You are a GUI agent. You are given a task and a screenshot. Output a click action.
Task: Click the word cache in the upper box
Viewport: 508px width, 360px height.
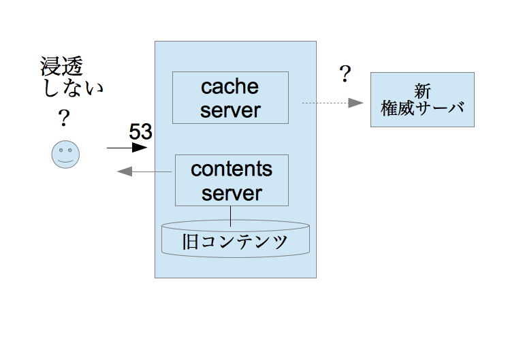pyautogui.click(x=229, y=86)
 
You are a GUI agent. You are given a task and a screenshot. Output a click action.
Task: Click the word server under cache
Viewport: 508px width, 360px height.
pyautogui.click(x=230, y=110)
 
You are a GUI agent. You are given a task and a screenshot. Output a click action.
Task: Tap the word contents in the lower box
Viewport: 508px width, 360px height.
pyautogui.click(x=232, y=169)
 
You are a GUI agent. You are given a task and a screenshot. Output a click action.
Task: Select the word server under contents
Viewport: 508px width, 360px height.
pyautogui.click(x=232, y=193)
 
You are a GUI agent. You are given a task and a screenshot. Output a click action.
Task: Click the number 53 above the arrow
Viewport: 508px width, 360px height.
pyautogui.click(x=140, y=131)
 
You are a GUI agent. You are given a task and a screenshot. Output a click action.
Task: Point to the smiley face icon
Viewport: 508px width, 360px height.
pyautogui.click(x=65, y=154)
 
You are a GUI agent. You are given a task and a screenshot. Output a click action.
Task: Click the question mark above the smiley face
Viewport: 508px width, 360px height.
pyautogui.click(x=64, y=118)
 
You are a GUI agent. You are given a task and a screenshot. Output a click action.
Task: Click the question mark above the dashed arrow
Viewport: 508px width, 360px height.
pyautogui.click(x=345, y=73)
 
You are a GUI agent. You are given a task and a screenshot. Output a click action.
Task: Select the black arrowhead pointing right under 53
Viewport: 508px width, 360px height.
pyautogui.click(x=140, y=148)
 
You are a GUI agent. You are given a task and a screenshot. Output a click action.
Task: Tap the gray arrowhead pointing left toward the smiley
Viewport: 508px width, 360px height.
pyautogui.click(x=125, y=171)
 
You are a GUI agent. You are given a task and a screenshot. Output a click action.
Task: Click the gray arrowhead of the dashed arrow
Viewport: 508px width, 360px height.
pyautogui.click(x=355, y=103)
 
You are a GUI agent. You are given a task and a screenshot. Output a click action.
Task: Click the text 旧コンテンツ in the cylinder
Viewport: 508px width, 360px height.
pyautogui.click(x=235, y=242)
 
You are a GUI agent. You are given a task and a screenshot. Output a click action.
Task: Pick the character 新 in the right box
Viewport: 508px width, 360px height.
pyautogui.click(x=422, y=91)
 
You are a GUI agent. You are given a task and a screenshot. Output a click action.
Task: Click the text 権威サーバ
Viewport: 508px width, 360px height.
pyautogui.click(x=422, y=108)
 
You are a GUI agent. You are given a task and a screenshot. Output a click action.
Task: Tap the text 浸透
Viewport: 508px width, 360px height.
pyautogui.click(x=61, y=66)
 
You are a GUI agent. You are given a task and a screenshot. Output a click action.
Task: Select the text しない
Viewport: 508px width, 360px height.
pyautogui.click(x=74, y=88)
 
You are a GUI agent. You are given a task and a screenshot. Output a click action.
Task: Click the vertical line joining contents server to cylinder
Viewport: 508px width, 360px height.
pyautogui.click(x=231, y=216)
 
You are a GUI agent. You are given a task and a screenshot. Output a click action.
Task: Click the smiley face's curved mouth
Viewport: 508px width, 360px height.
pyautogui.click(x=65, y=161)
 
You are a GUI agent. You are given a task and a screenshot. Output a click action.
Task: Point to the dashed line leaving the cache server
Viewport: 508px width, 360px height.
pyautogui.click(x=326, y=103)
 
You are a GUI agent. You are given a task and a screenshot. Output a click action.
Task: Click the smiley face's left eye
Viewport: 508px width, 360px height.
pyautogui.click(x=61, y=150)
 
